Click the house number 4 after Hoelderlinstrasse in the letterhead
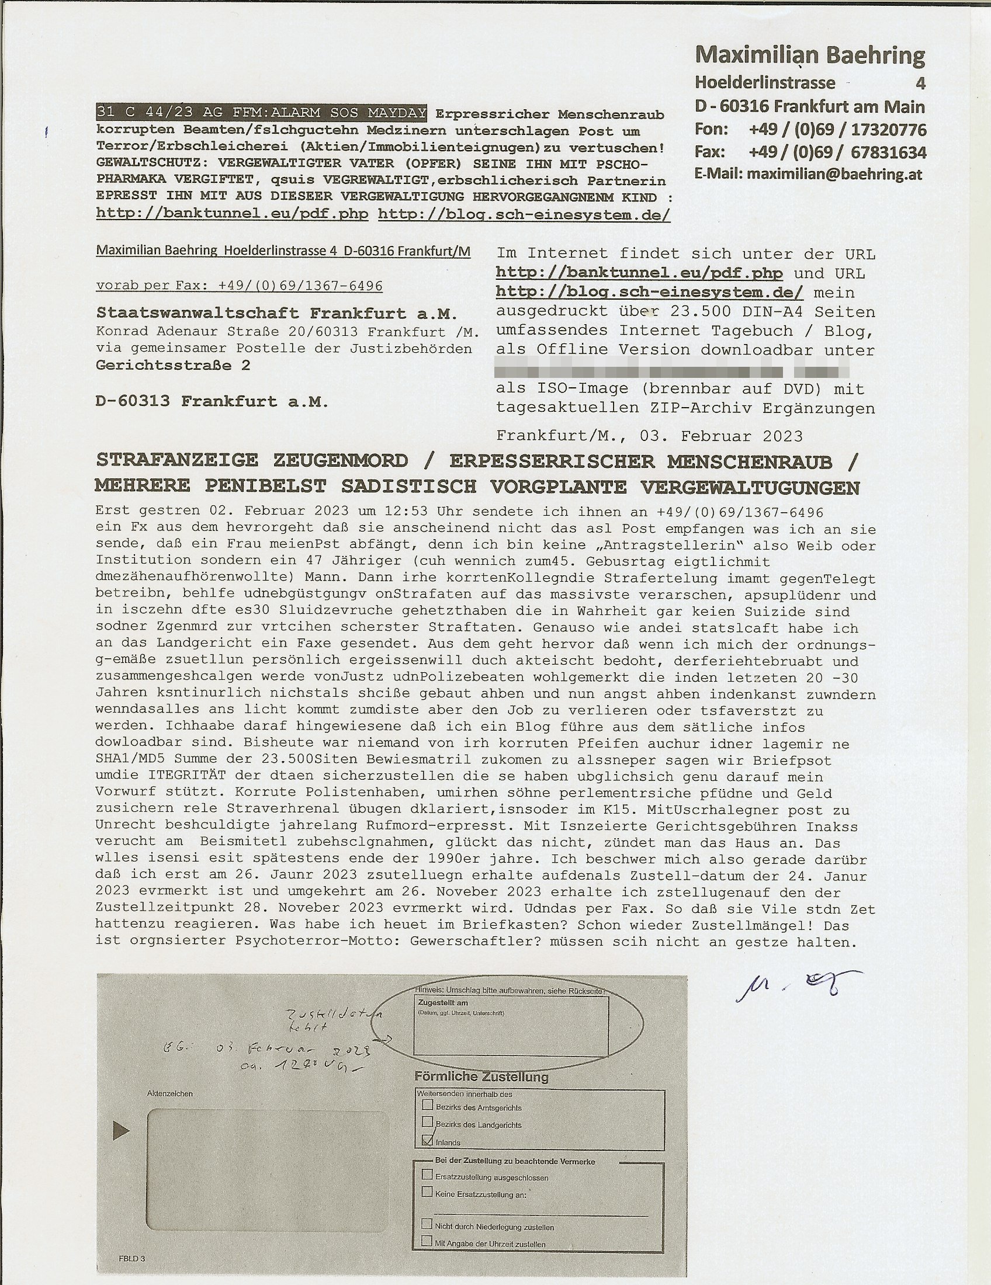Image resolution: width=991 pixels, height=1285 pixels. [920, 84]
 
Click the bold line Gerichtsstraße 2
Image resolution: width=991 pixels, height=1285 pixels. [173, 366]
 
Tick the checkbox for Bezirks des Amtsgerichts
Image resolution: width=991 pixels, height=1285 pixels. [427, 1106]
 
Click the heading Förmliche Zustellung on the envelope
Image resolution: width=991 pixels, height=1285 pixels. [481, 1077]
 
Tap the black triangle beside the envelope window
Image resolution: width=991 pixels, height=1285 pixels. [120, 1129]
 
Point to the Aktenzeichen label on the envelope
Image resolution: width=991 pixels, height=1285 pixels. [169, 1094]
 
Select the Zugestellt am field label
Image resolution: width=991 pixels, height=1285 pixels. [442, 1002]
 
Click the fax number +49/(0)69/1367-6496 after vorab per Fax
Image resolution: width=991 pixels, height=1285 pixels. [300, 286]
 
